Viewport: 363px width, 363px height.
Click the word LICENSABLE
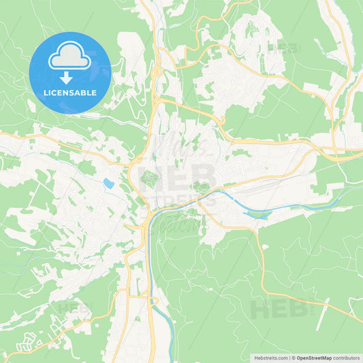point(70,93)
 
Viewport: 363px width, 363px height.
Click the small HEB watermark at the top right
point(284,48)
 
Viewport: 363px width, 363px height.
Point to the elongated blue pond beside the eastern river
point(258,215)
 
